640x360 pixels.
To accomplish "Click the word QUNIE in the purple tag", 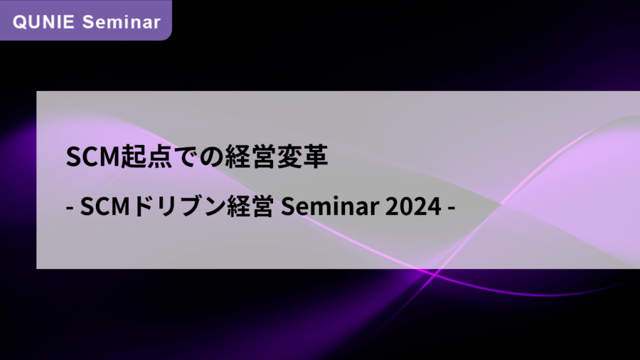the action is click(x=43, y=22).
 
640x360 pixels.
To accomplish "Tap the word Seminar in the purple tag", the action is click(x=121, y=22).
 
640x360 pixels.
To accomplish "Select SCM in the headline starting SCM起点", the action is click(x=92, y=157).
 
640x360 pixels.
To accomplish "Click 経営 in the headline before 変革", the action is click(x=250, y=157).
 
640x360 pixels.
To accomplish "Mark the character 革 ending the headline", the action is click(x=315, y=157).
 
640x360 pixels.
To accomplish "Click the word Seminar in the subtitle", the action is click(x=330, y=206).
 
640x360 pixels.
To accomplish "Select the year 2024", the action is click(x=413, y=206).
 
